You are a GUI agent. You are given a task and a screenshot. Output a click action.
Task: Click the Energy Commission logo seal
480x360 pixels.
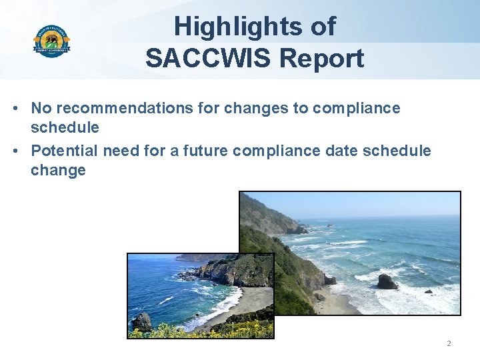click(51, 41)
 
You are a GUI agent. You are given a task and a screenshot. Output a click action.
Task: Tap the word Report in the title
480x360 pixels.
click(322, 59)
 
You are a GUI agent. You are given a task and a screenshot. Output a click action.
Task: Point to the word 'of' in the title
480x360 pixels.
click(323, 27)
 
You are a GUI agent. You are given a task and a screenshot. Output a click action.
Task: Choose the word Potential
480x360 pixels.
click(63, 151)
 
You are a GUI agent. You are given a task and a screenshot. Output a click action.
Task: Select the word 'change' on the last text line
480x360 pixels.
click(58, 170)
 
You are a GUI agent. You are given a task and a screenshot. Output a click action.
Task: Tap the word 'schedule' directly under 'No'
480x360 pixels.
click(65, 127)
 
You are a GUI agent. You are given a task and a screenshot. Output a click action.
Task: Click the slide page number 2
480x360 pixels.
click(449, 343)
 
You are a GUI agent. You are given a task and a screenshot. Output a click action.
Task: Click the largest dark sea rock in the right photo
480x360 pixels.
click(387, 282)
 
